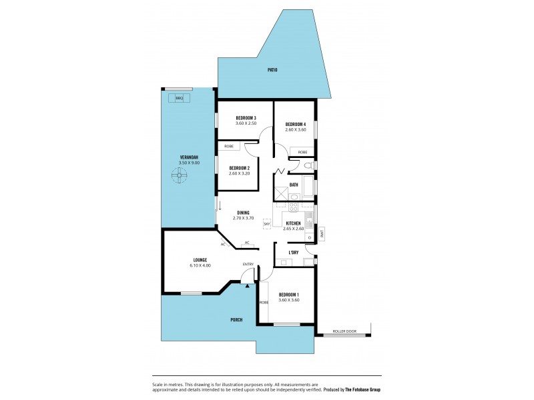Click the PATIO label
(272, 70)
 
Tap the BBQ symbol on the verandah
(179, 98)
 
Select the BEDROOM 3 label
(246, 117)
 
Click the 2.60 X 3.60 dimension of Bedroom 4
(295, 130)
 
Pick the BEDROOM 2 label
(239, 168)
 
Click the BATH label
(294, 185)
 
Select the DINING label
(243, 212)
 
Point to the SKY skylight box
(266, 225)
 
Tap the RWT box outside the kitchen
(321, 233)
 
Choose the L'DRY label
(293, 253)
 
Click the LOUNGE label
(200, 259)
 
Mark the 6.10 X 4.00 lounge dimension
(200, 265)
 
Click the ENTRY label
(248, 265)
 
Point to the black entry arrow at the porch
(248, 285)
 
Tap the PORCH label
(237, 320)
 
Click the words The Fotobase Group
(363, 389)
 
